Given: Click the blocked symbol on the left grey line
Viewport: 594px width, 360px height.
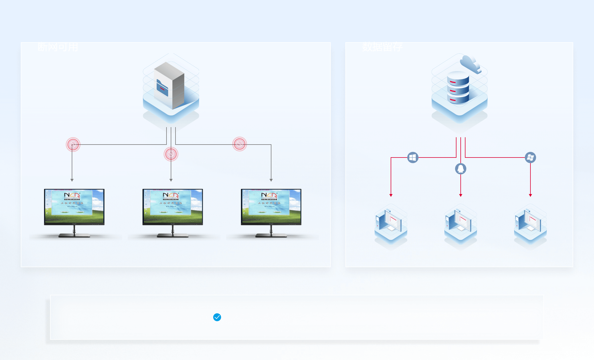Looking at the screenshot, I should (73, 145).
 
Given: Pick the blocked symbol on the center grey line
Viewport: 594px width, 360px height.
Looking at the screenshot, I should (171, 154).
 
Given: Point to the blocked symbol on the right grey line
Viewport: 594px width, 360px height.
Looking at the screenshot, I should (240, 144).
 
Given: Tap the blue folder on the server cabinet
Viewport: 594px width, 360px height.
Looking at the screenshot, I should (162, 88).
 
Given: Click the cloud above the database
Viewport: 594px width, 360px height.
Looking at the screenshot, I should (471, 64).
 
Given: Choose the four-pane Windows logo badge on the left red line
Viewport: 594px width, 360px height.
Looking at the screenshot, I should (413, 157).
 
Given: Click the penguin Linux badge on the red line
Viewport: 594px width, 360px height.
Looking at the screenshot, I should (461, 169).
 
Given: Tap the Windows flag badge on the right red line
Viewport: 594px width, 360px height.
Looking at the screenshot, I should (530, 157).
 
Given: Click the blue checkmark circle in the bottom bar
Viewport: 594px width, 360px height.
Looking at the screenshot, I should (217, 317).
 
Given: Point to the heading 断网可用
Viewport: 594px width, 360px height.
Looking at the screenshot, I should (58, 47).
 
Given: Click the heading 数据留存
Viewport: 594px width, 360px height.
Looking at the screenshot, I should (382, 47).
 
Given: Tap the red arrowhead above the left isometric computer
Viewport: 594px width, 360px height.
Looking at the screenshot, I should (391, 195).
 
